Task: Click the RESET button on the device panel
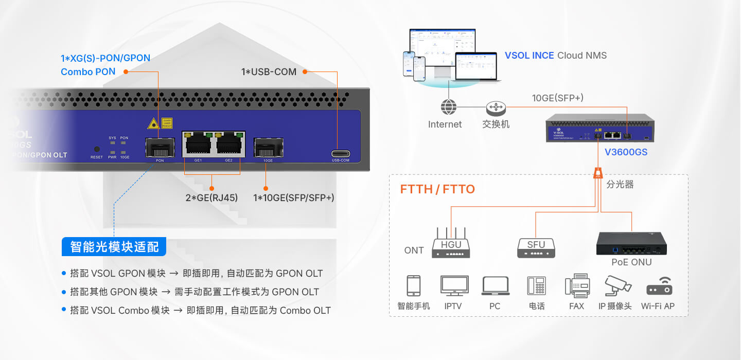(97, 149)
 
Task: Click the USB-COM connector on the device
(341, 154)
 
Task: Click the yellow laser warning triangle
(153, 123)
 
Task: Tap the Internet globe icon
(449, 107)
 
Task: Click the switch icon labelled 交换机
(496, 107)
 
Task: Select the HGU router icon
(451, 245)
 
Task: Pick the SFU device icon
(536, 247)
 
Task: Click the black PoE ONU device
(631, 243)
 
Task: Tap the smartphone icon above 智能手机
(414, 286)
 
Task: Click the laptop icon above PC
(496, 286)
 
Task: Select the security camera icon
(617, 285)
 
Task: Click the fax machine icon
(577, 285)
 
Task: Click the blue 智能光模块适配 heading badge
(114, 247)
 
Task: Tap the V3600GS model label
(626, 152)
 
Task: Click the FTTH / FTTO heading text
(437, 189)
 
